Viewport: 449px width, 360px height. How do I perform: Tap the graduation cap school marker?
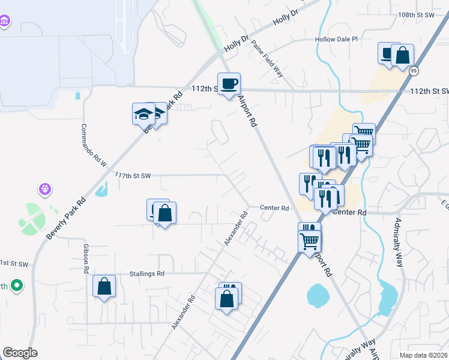coord(144,113)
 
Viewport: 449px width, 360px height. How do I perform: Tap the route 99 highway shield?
coord(414,71)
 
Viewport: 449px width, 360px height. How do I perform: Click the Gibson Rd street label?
coord(87,259)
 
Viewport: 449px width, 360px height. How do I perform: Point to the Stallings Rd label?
coord(146,274)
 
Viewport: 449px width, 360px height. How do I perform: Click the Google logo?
coord(20,353)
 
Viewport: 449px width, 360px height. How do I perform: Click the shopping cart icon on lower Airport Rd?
coord(310,240)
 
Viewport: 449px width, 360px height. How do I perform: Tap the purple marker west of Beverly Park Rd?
coord(44,190)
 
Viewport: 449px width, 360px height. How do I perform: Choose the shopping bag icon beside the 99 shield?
coord(402,56)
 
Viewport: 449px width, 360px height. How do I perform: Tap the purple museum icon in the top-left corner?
coord(5,22)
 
